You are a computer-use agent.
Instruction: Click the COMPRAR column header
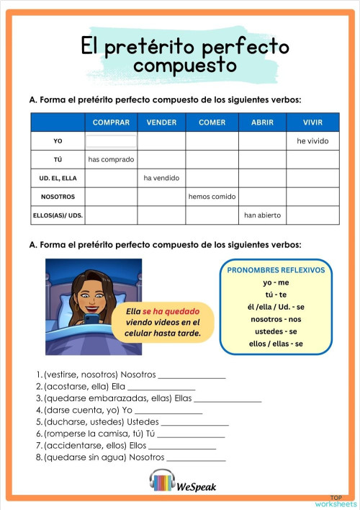coord(111,122)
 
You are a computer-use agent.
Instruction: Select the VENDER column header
coord(161,122)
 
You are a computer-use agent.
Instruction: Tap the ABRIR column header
coord(262,122)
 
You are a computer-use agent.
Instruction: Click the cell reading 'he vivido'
coord(312,141)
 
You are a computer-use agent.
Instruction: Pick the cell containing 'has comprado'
coord(111,159)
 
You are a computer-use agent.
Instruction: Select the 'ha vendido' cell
coord(161,178)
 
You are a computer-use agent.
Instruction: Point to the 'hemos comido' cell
coord(212,197)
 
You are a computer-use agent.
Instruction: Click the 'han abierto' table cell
coord(262,215)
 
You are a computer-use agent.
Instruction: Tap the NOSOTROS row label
coord(58,197)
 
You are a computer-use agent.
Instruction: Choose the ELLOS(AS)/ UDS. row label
coord(58,215)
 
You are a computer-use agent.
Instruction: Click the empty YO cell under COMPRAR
coord(111,141)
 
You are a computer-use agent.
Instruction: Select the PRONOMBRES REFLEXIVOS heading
coord(276,270)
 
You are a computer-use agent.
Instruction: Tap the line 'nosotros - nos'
coord(276,318)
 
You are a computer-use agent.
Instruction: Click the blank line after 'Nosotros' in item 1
coord(192,375)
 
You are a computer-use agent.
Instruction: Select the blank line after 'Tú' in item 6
coord(191,434)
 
